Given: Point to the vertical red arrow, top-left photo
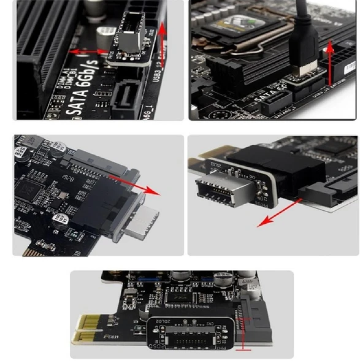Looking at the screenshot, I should (163, 45).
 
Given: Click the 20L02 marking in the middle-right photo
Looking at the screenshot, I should (218, 164).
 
